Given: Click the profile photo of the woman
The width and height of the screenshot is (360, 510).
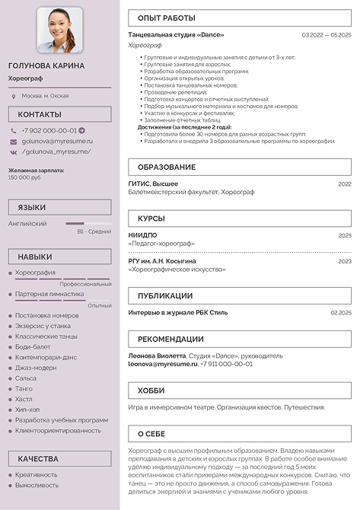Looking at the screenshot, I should [60, 30].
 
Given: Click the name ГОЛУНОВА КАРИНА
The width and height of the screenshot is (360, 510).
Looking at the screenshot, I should [46, 65].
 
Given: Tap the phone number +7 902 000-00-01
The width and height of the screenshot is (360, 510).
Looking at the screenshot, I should [49, 130].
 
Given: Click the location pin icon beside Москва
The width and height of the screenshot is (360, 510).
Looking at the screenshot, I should [14, 96].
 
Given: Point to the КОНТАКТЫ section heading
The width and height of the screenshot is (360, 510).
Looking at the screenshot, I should [40, 115].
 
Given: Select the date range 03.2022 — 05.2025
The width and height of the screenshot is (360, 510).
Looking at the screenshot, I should [327, 35].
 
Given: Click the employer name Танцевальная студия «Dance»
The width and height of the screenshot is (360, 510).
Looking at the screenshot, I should [177, 35].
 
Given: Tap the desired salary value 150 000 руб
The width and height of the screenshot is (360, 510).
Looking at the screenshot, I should [24, 177].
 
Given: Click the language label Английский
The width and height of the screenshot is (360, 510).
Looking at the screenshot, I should [27, 224].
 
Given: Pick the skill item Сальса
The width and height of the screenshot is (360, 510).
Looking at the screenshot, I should [26, 378].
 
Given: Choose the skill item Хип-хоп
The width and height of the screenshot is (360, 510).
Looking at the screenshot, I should [28, 410].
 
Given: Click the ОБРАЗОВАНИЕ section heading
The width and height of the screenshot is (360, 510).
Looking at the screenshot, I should [167, 167].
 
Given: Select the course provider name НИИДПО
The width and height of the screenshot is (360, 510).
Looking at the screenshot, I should [143, 235].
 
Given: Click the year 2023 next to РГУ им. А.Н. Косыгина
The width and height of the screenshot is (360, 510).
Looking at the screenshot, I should [345, 261].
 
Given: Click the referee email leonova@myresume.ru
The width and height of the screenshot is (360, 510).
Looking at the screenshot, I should [162, 365].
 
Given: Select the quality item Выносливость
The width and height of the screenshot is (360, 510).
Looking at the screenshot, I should [37, 485].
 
